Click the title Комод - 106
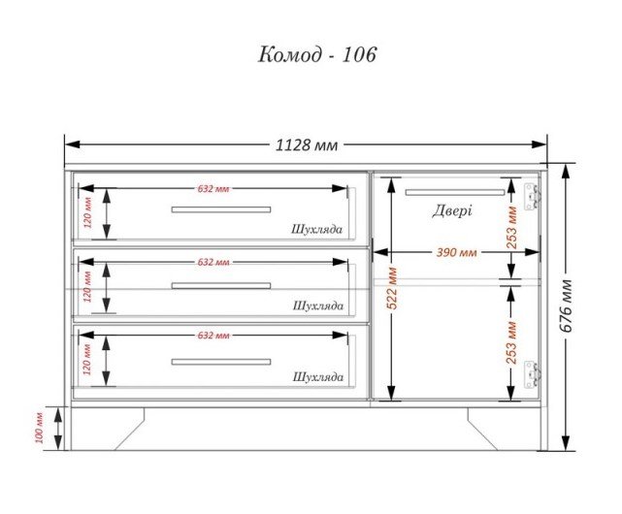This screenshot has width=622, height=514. tap(316, 54)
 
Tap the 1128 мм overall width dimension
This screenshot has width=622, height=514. tap(307, 145)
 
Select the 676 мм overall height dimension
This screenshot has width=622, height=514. tap(567, 305)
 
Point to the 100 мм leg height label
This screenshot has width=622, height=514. tap(40, 428)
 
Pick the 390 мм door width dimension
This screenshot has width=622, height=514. tap(456, 252)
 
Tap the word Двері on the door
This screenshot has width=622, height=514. tap(452, 210)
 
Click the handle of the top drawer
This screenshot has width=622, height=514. tap(221, 209)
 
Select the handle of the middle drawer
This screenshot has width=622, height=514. tap(221, 285)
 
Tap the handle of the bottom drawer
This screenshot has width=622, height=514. tap(221, 361)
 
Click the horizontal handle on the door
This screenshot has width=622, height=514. tap(454, 193)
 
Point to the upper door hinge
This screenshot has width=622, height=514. tap(530, 195)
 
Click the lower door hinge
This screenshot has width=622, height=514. tap(530, 374)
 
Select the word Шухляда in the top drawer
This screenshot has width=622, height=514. tap(317, 230)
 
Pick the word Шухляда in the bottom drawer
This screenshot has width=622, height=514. tap(317, 376)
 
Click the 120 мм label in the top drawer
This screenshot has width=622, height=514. tap(86, 211)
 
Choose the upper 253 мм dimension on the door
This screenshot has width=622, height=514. tap(512, 231)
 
